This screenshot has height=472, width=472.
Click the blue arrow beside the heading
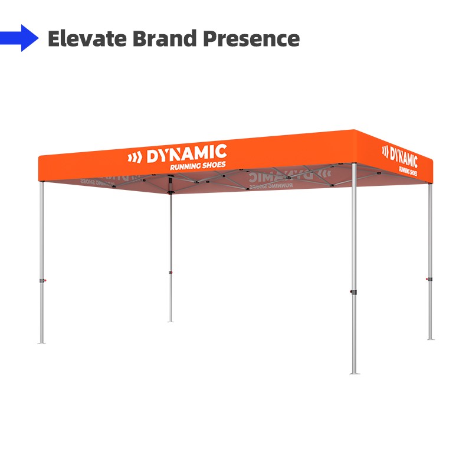click(19, 38)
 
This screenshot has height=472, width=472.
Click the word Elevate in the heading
click(87, 38)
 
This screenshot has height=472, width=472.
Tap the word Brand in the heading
click(165, 38)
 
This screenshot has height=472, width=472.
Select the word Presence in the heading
click(252, 38)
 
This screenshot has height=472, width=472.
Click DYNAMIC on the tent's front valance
click(186, 154)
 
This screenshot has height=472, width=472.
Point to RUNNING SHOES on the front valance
click(198, 166)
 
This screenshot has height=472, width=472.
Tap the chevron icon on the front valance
click(135, 158)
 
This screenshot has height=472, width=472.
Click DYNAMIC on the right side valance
click(404, 156)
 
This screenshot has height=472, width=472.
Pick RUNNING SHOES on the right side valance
click(408, 171)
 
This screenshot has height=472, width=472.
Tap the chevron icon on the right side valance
click(385, 151)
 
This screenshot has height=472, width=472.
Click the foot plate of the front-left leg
click(41, 343)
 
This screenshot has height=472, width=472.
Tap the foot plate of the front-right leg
click(355, 373)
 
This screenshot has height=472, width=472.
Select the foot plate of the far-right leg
click(431, 339)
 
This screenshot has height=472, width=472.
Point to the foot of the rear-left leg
click(171, 322)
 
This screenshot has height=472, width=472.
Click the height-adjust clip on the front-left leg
click(42, 281)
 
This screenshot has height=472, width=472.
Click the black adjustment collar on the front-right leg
click(353, 291)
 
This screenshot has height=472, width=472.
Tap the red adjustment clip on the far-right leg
click(429, 279)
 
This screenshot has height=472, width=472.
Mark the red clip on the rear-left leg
click(171, 273)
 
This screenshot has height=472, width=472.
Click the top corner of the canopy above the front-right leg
click(354, 130)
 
